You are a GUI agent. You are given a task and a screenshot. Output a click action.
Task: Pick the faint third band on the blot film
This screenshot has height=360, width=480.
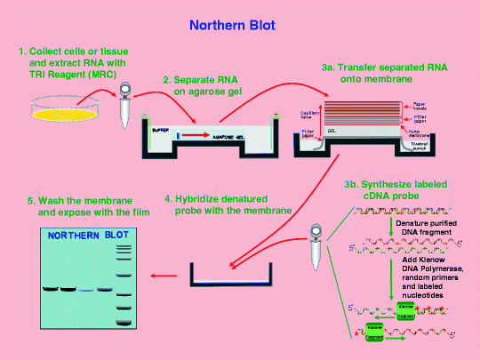88,289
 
